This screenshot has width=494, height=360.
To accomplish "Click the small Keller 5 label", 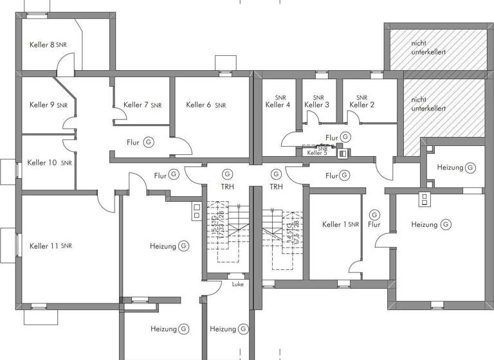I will click(317, 153).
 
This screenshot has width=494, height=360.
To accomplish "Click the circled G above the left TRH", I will click(226, 174).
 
